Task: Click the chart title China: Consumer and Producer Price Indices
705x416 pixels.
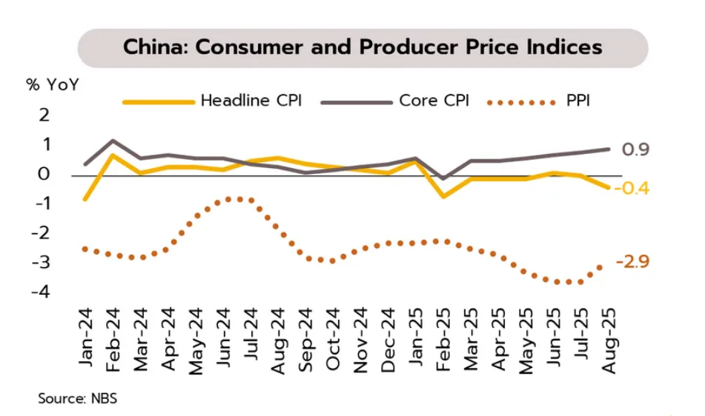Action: [363, 48]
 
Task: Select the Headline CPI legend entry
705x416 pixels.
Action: [251, 101]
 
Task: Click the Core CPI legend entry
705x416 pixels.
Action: [434, 101]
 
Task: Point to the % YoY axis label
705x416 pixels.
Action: [52, 84]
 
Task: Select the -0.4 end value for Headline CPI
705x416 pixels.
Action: [632, 188]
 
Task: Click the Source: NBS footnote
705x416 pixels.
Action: [77, 398]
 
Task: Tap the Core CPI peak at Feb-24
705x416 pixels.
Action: [113, 141]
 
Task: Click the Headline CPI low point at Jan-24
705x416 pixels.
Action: [85, 199]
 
